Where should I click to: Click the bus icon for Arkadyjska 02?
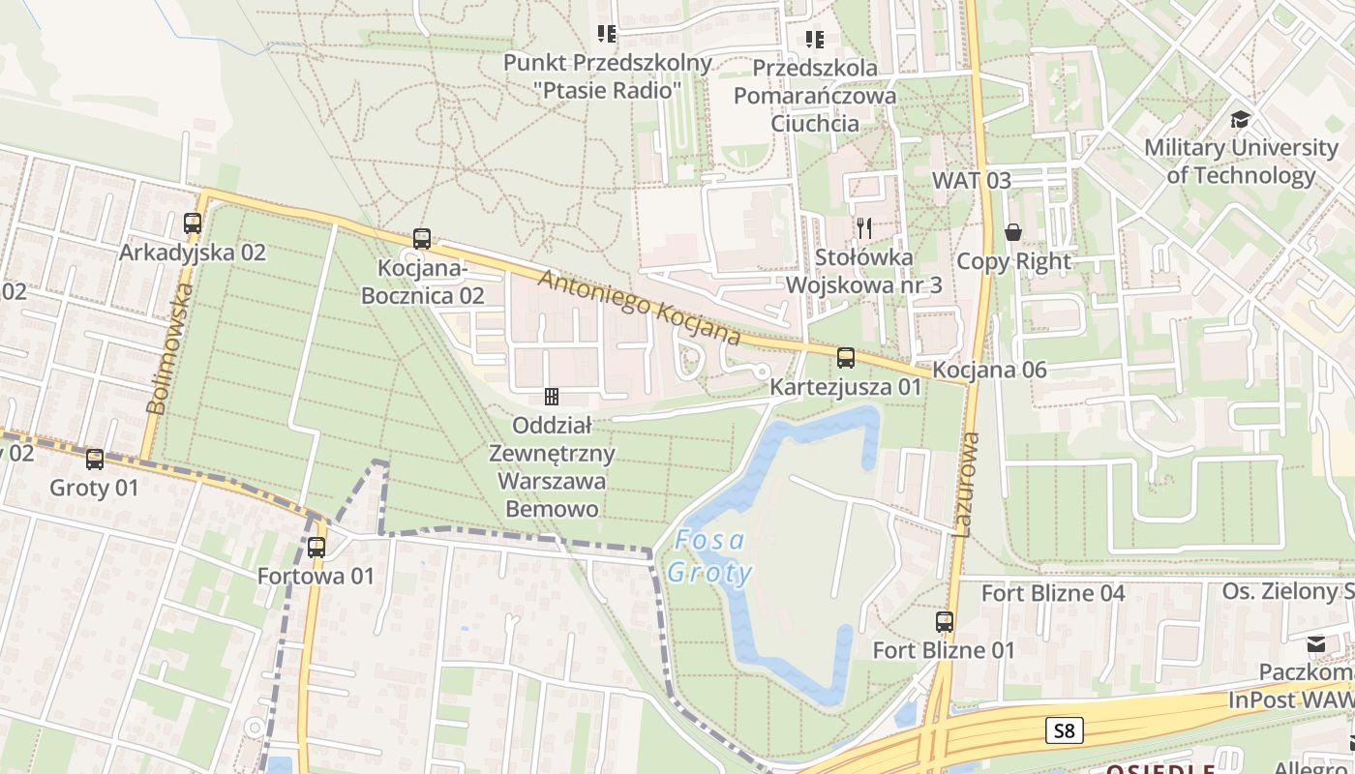click(x=193, y=223)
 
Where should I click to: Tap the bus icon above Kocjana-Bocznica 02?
click(x=421, y=238)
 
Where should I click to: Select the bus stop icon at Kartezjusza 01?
click(x=846, y=358)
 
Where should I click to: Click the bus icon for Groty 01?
click(x=95, y=460)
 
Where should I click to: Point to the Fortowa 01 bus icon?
click(x=316, y=548)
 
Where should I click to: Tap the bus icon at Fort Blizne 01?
click(x=945, y=622)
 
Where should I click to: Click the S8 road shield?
click(x=1064, y=730)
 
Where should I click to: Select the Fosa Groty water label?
click(x=710, y=556)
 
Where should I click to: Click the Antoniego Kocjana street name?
click(x=639, y=308)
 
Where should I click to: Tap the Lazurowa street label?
click(x=965, y=484)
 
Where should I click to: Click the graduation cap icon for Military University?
click(x=1240, y=120)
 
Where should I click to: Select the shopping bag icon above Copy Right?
click(x=1013, y=232)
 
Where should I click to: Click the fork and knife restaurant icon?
click(x=864, y=228)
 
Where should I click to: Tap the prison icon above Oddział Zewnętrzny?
click(x=552, y=396)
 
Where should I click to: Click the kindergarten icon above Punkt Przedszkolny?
click(x=607, y=35)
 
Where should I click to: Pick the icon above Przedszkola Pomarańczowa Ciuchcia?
click(x=815, y=40)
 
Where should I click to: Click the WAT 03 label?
click(x=971, y=180)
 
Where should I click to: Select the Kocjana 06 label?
click(x=989, y=371)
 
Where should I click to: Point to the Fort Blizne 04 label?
click(x=1053, y=593)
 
